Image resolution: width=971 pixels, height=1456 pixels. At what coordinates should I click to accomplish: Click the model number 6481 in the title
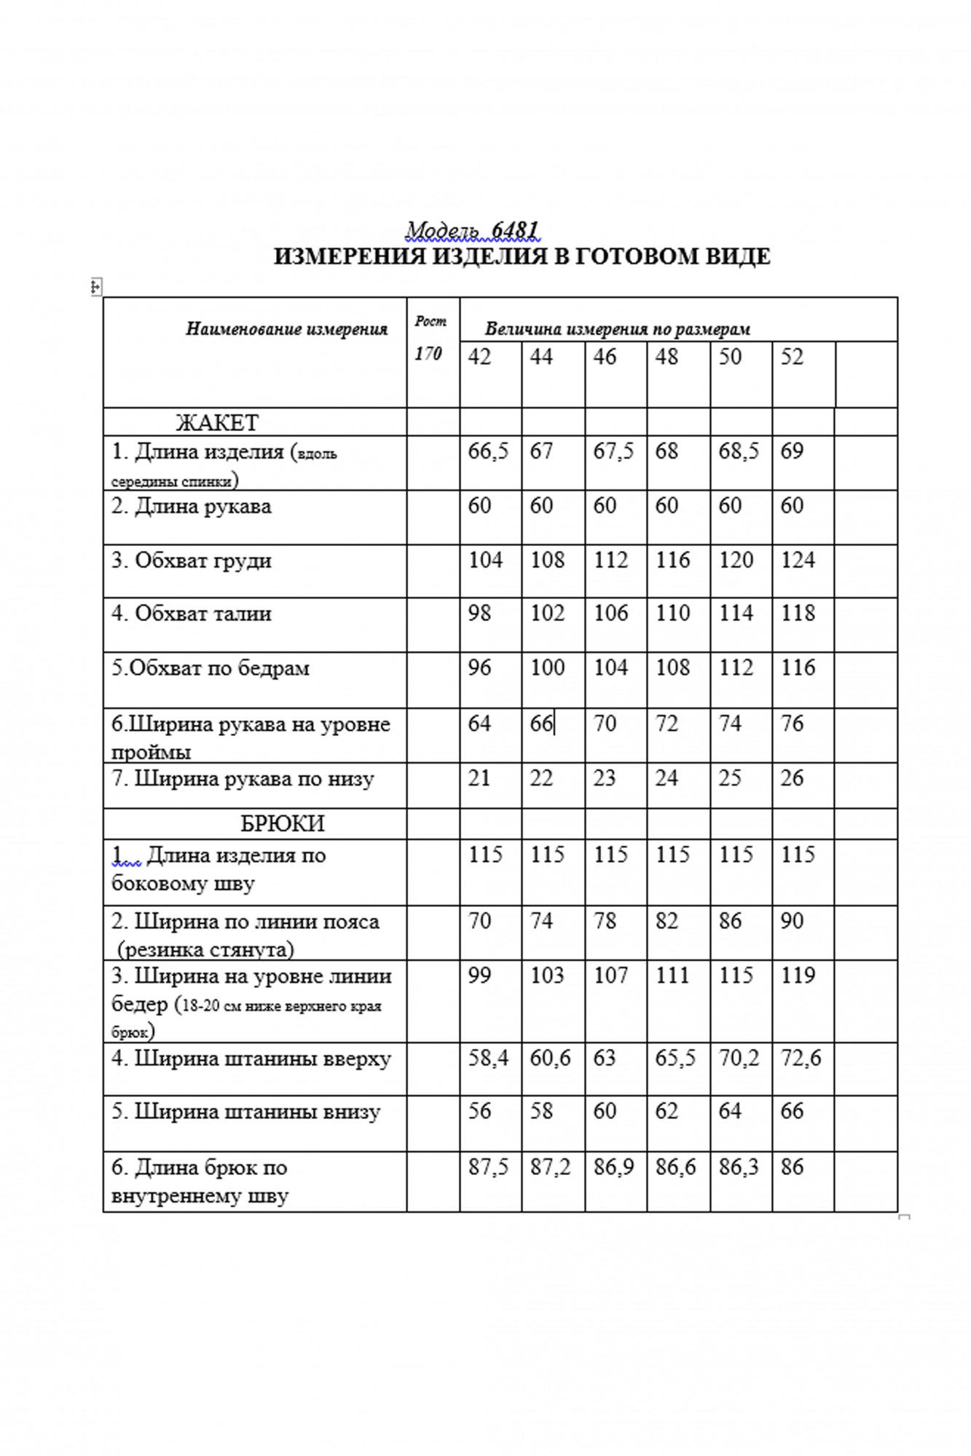tap(515, 230)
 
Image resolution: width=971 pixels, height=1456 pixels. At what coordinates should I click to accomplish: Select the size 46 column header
tap(605, 357)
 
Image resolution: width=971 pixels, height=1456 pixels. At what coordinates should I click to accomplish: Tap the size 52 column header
tap(792, 357)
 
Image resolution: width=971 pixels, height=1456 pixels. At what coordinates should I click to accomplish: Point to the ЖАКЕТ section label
tap(217, 422)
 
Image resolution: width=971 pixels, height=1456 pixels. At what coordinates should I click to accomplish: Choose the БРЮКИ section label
tap(283, 823)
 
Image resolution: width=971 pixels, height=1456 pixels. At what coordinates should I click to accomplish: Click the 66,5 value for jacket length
tap(489, 451)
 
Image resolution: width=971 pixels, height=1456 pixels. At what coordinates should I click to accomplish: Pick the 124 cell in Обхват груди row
tap(798, 560)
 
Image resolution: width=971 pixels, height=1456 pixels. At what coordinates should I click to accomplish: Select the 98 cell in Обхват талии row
tap(479, 613)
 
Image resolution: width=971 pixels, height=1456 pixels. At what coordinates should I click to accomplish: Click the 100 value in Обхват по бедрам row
tap(547, 668)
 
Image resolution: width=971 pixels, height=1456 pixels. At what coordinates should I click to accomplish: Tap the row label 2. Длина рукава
tap(191, 506)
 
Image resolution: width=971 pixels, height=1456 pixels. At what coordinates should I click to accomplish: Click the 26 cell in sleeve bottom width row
tap(792, 778)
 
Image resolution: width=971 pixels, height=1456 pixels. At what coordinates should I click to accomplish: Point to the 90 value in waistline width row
tap(792, 921)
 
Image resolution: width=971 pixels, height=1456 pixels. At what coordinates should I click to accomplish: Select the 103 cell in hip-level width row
tap(547, 976)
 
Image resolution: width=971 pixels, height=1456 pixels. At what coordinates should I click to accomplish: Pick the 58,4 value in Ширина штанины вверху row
tap(489, 1058)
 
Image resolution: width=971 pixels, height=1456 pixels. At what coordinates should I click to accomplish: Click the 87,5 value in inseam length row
tap(489, 1167)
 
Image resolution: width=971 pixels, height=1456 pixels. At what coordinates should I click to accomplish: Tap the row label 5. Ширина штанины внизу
tap(245, 1112)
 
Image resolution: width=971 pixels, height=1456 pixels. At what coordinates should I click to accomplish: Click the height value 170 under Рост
tap(428, 354)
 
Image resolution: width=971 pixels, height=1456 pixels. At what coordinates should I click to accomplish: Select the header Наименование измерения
tap(286, 329)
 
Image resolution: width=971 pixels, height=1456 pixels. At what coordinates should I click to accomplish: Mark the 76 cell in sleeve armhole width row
tap(792, 724)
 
